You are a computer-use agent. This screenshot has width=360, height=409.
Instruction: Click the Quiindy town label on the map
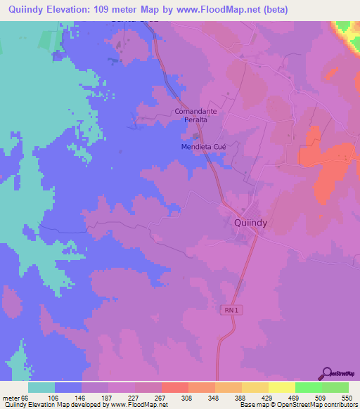(x=250, y=222)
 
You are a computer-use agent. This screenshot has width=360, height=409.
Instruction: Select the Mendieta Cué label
(x=200, y=147)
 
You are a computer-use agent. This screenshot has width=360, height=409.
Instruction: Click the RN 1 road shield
(x=234, y=310)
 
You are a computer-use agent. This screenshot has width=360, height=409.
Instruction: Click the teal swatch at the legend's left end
(x=41, y=387)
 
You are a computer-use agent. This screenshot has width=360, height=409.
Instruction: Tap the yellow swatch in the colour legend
(x=281, y=387)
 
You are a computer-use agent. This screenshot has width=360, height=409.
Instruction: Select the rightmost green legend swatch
(x=335, y=387)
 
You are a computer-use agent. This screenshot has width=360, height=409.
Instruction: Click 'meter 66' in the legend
(x=14, y=398)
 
